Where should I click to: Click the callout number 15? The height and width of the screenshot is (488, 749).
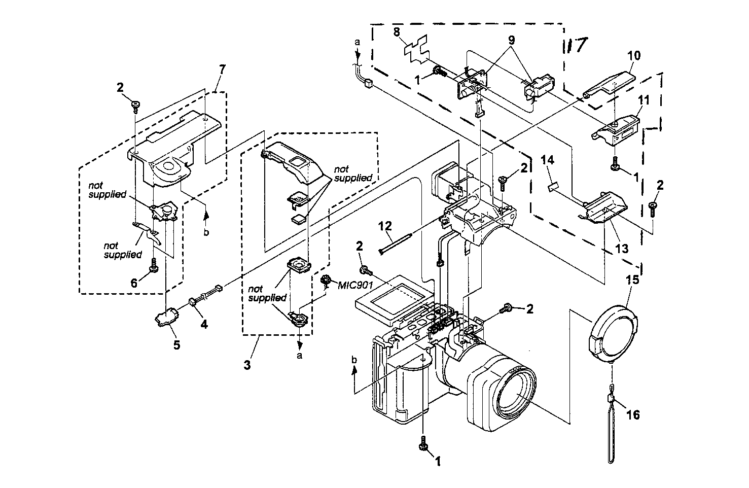point(634,280)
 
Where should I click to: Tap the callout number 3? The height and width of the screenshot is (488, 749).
point(247,364)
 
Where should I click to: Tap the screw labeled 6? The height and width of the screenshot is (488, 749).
point(152,263)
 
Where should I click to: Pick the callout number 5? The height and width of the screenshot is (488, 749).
point(176,344)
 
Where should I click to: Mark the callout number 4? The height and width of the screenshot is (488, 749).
point(204,323)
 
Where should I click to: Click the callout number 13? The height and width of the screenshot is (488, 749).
point(621,249)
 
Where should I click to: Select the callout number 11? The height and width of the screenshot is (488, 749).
point(643,100)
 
